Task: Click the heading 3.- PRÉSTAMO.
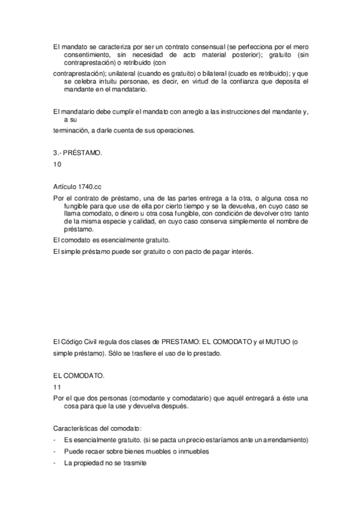click(x=77, y=153)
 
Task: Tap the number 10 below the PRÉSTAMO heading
click(x=56, y=163)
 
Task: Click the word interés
click(x=239, y=251)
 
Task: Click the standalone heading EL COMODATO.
click(x=79, y=376)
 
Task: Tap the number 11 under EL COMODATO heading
click(x=56, y=388)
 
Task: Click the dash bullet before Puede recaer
click(x=55, y=451)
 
